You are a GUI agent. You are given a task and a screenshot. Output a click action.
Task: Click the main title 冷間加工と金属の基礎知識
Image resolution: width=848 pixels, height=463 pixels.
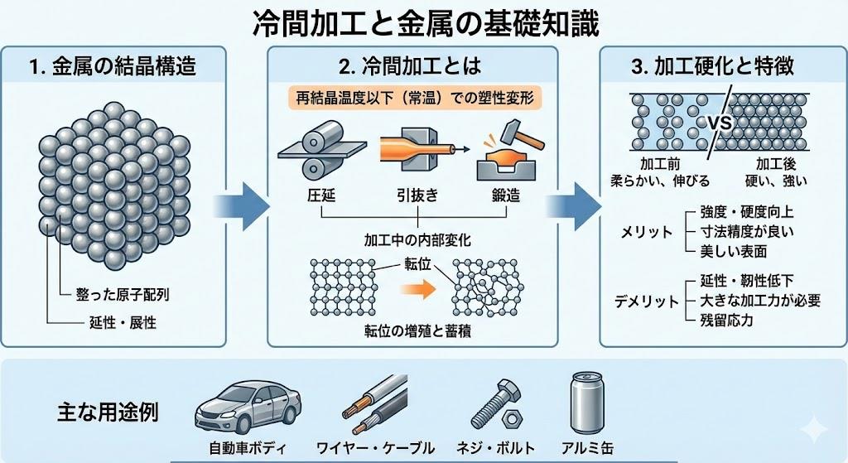[x=424, y=22]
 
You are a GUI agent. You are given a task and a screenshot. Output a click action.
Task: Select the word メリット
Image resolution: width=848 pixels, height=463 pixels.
[x=647, y=233]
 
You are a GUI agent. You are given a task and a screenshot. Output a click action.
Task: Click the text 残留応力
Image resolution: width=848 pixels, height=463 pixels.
[x=720, y=320]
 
